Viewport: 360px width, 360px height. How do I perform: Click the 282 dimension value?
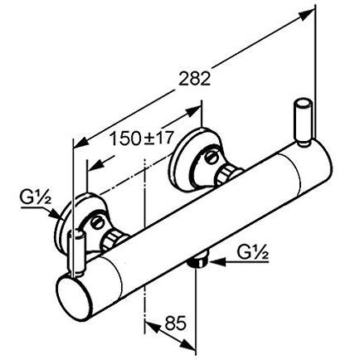[195, 79]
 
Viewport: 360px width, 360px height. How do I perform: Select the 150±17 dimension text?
[142, 139]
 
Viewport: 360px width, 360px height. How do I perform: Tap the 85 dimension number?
[176, 323]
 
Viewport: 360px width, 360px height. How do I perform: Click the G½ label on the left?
[36, 198]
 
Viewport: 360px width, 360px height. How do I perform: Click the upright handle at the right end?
[303, 122]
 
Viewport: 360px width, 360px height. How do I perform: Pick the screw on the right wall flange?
[212, 157]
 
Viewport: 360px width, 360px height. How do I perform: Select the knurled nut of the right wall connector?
[226, 174]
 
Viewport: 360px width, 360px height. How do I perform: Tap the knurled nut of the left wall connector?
[112, 240]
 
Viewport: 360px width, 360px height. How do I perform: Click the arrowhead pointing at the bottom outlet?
[216, 260]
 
